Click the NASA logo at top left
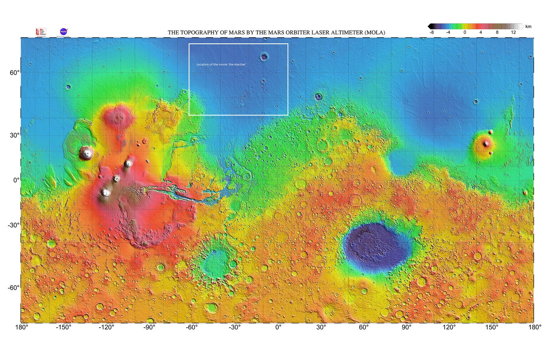(64, 32)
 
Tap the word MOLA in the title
(374, 33)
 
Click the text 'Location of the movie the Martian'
(221, 64)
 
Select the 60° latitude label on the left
(15, 73)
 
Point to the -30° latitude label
(14, 225)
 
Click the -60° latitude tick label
(14, 288)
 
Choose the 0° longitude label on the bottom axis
(278, 327)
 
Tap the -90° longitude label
(149, 327)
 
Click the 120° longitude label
(449, 327)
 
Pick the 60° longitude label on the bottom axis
(364, 327)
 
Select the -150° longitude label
(64, 327)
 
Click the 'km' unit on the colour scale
(528, 26)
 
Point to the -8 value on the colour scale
(431, 32)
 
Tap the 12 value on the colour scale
(513, 32)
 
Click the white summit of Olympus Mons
(86, 152)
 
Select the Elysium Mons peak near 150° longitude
(486, 143)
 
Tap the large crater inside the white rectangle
(264, 57)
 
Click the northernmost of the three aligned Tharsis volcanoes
(128, 163)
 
